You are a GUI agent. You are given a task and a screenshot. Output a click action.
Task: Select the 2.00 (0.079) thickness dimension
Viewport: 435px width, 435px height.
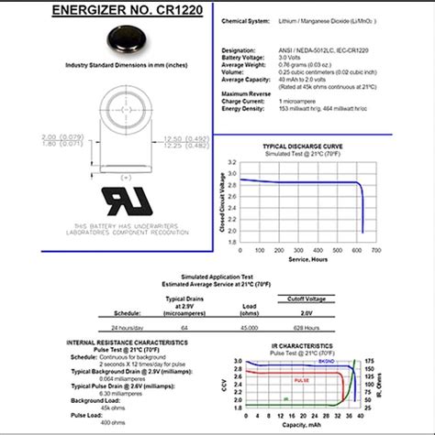click(x=55, y=137)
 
